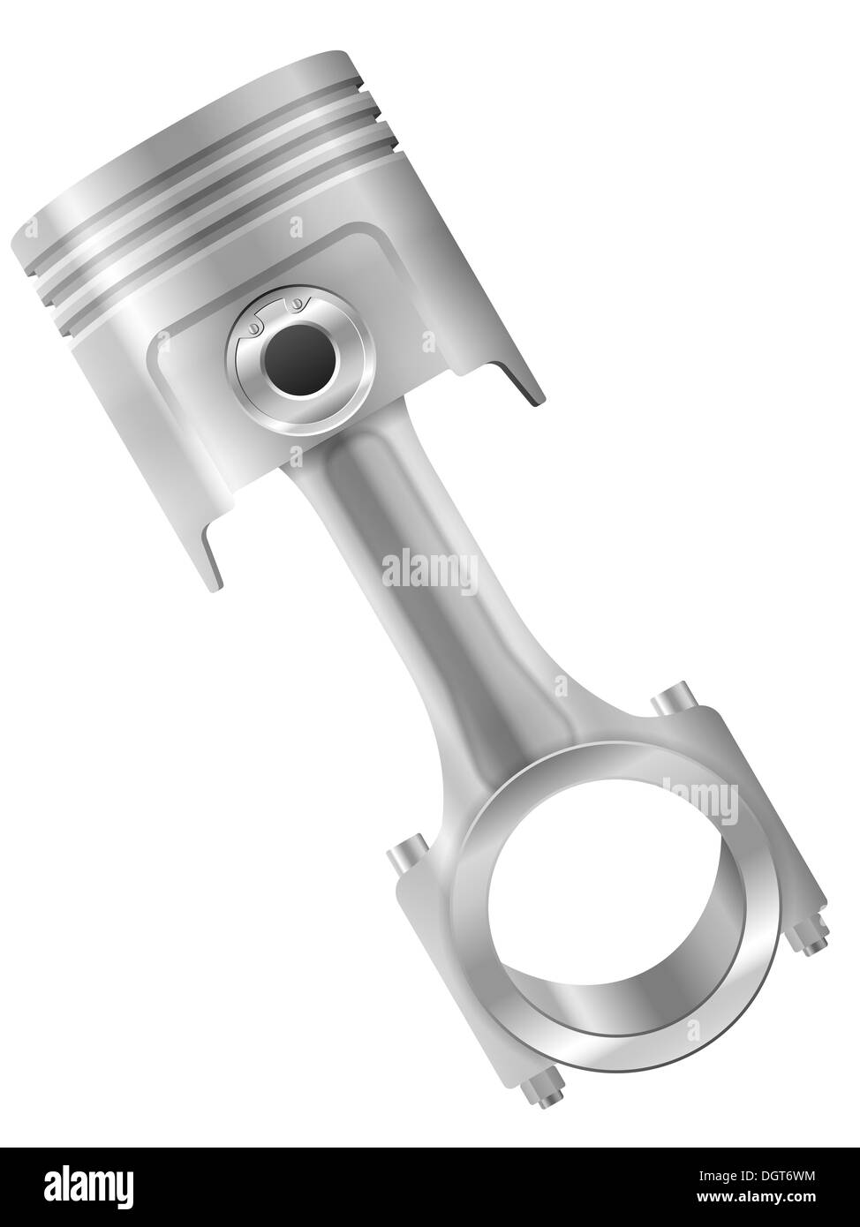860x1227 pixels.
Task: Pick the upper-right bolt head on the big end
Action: coord(670,697)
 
